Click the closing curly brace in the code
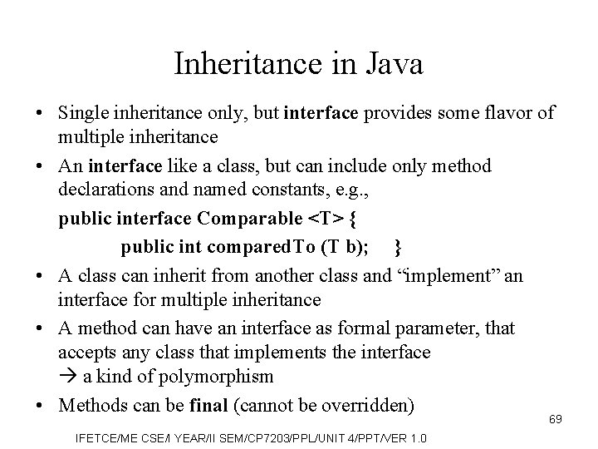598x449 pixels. coord(399,246)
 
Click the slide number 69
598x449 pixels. coord(555,419)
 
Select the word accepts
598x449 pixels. coord(87,352)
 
